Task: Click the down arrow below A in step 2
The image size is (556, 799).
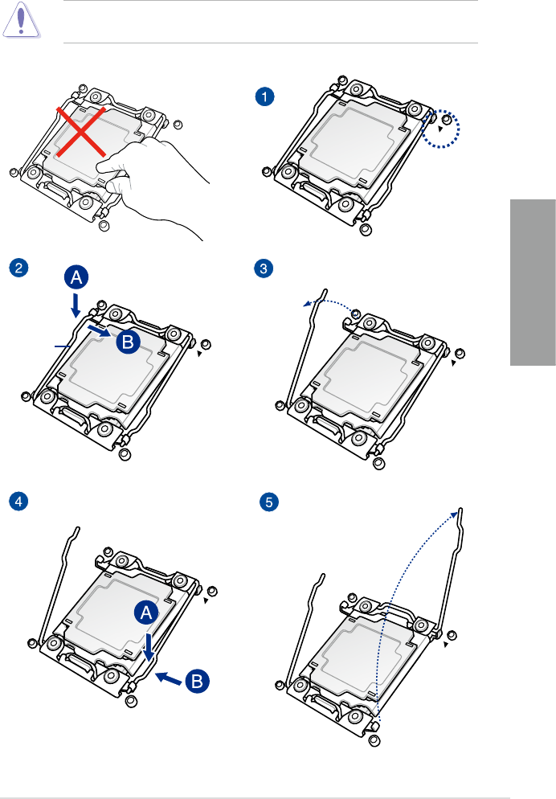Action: tap(76, 305)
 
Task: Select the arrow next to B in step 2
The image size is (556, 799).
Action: tap(97, 330)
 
